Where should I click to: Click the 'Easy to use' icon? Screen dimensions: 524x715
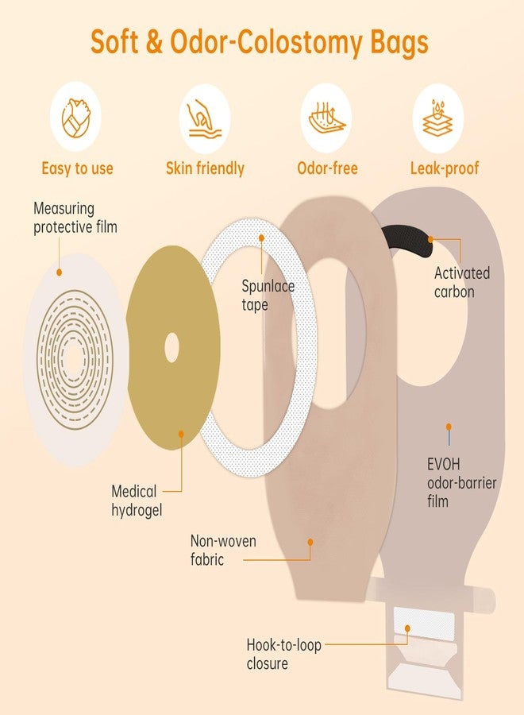pos(75,118)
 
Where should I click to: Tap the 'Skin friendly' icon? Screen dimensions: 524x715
pos(205,118)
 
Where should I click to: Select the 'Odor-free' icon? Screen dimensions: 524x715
pos(326,118)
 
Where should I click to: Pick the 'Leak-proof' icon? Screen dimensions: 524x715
pos(438,118)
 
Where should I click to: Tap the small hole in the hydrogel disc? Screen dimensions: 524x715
pos(171,347)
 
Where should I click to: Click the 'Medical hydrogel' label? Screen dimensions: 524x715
pos(137,500)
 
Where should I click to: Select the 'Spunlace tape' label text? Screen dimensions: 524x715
pos(268,295)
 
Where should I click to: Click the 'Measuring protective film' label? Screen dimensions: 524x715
pos(75,218)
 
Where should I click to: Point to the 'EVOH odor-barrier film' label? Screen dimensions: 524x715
pos(461,482)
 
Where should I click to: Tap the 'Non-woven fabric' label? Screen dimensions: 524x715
pos(223,550)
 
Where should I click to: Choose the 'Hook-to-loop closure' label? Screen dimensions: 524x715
pos(283,654)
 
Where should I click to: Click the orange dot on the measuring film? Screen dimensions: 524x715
pos(59,272)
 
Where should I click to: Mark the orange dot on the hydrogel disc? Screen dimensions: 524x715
pos(181,434)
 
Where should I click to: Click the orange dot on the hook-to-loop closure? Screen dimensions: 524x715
pos(407,628)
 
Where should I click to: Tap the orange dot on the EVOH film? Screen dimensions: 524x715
pos(449,427)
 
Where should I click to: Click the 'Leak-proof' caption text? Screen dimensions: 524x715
pos(445,168)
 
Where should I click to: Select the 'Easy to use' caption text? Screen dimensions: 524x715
pos(77,168)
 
